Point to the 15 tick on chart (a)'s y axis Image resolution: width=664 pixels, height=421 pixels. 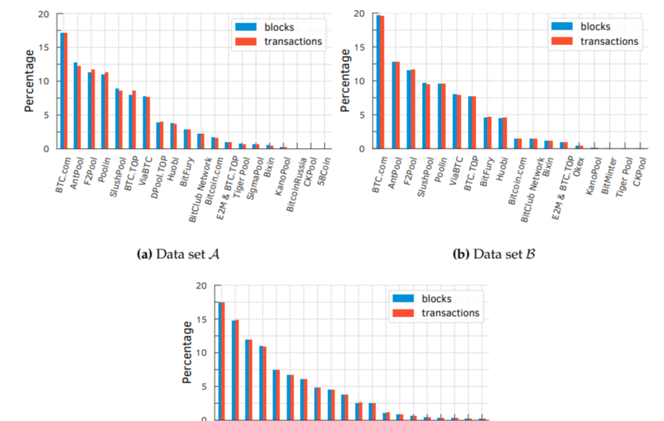tap(44, 48)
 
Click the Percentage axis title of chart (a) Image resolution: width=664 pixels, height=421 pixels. tap(29, 80)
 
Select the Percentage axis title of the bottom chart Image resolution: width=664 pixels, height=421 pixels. tap(188, 352)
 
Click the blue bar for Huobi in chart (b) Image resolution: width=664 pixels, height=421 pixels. tap(501, 133)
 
